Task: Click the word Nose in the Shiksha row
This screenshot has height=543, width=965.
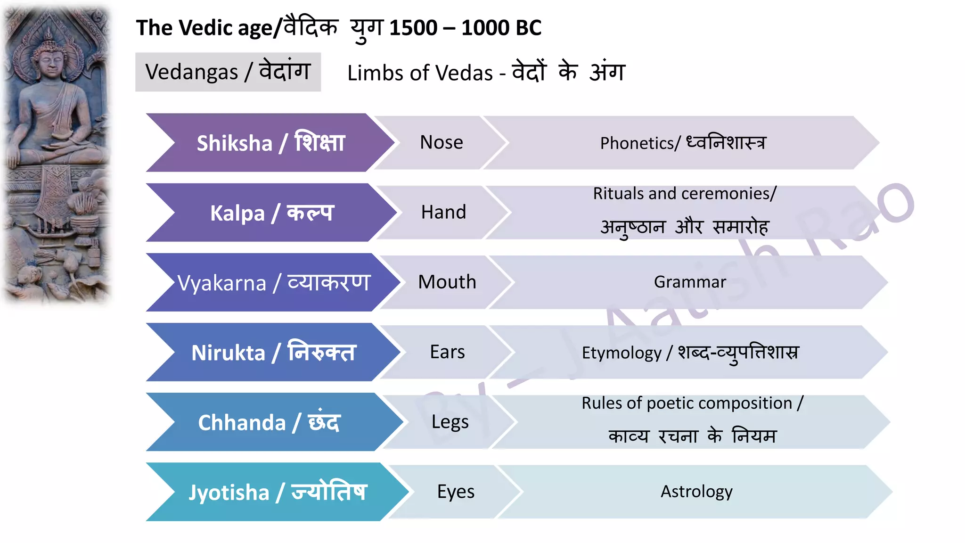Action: tap(442, 142)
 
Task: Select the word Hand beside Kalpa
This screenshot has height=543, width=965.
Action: tap(443, 212)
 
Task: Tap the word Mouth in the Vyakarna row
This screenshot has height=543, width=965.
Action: tap(447, 282)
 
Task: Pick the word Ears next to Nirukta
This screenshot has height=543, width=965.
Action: tap(447, 352)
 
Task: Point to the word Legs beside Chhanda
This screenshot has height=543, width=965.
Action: tap(450, 422)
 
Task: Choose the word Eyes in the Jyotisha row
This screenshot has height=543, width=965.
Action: tap(456, 492)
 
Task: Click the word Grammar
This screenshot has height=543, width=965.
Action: tap(690, 282)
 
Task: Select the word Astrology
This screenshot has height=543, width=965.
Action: tap(696, 492)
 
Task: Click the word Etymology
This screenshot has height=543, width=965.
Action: tap(622, 353)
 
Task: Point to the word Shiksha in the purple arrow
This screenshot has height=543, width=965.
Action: tap(234, 143)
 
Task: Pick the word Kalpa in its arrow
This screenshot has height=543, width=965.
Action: tap(237, 213)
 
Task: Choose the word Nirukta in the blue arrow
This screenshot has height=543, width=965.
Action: tap(229, 353)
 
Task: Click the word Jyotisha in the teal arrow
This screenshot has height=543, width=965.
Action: tap(229, 493)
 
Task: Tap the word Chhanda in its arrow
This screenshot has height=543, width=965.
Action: tap(242, 423)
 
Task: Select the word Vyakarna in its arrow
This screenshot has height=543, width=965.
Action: tap(221, 283)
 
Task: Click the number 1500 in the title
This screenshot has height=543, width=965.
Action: tap(413, 28)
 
